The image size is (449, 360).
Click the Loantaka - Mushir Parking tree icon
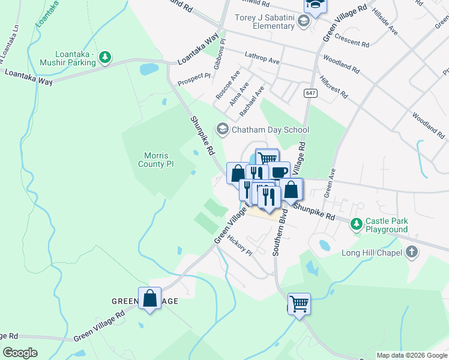tap(106, 58)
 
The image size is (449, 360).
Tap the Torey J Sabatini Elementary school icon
tap(304, 22)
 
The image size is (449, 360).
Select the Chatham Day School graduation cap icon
tap(223, 130)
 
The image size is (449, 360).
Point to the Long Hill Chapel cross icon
tap(412, 252)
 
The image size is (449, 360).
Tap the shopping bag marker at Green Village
tap(149, 298)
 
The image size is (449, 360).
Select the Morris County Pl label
tap(155, 159)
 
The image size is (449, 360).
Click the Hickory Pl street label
tap(240, 244)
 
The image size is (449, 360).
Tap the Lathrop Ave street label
tap(262, 58)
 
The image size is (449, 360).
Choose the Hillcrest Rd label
tap(334, 86)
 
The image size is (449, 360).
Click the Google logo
tap(20, 353)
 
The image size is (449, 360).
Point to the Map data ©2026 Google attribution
tap(412, 355)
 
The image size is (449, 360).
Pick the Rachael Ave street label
tap(252, 101)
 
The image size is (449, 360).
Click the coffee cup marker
tap(279, 172)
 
